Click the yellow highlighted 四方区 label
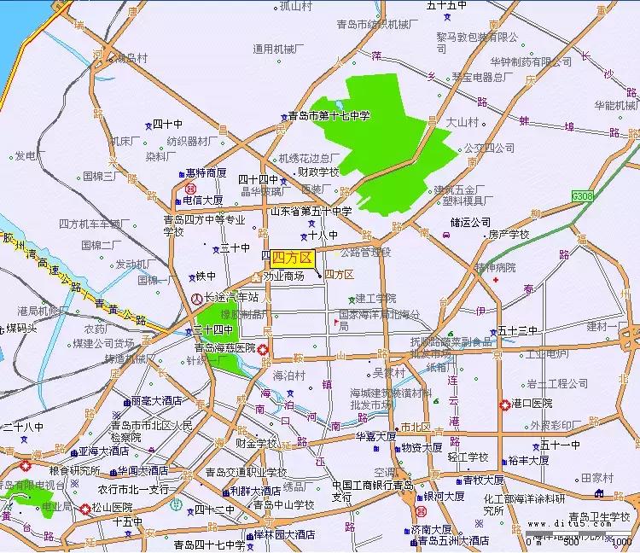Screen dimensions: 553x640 pos(293,258)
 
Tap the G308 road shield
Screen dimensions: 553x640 pos(583,195)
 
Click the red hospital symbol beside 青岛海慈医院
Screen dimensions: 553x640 pos(264,349)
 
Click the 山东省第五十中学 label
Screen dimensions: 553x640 pos(311,211)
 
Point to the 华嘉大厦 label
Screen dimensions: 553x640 pos(375,436)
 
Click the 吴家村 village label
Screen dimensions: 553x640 pos(388,373)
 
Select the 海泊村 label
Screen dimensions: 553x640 pos(288,375)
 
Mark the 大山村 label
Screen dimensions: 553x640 pos(463,122)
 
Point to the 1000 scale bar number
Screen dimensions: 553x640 pos(622,541)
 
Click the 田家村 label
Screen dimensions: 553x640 pos(596,479)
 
